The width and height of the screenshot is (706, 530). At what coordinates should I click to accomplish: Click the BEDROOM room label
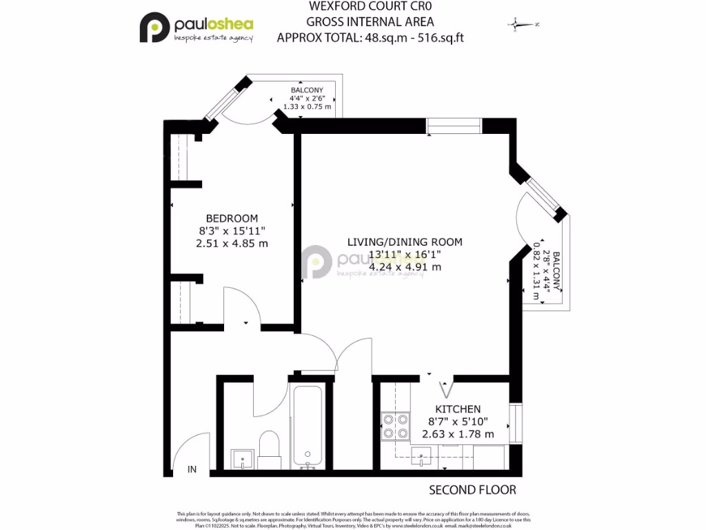click(x=232, y=218)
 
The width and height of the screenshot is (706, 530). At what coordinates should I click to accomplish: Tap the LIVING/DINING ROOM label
click(x=404, y=242)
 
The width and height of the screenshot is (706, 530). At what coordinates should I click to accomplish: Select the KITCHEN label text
click(x=458, y=409)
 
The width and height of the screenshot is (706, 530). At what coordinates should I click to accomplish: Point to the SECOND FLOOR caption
click(x=472, y=490)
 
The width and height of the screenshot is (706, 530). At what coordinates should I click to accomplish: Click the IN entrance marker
click(x=192, y=469)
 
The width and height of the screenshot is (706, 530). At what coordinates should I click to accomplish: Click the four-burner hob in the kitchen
click(x=396, y=425)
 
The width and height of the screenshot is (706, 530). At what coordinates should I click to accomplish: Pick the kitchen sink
click(x=420, y=455)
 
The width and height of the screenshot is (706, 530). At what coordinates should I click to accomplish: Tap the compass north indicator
click(x=523, y=25)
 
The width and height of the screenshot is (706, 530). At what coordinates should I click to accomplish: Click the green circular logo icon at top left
click(x=154, y=28)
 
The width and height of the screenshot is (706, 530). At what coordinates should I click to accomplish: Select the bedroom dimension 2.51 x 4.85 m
click(x=232, y=243)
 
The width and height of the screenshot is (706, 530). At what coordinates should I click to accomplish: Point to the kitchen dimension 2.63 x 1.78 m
click(x=458, y=434)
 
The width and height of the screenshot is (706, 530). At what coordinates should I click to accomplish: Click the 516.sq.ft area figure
click(x=433, y=38)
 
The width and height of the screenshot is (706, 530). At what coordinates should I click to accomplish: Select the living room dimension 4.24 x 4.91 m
click(x=404, y=266)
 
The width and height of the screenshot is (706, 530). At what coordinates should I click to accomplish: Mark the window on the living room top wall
click(x=454, y=126)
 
